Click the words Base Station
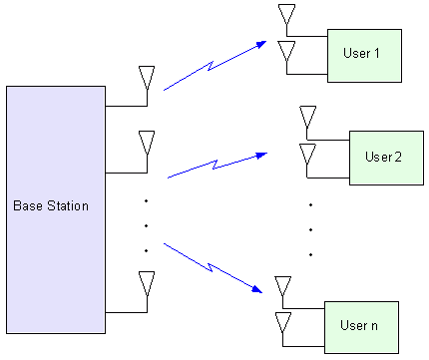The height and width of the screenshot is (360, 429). click(51, 206)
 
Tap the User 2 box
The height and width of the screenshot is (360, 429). click(383, 158)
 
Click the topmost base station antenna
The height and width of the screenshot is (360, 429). click(147, 78)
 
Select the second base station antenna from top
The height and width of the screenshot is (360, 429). click(147, 140)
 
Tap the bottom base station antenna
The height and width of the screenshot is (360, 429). click(147, 282)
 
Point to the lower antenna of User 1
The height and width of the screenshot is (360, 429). click(286, 51)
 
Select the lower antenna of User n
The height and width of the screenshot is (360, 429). click(283, 322)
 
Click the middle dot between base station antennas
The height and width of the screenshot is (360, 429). click(146, 226)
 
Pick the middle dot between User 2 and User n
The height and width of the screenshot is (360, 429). click(311, 229)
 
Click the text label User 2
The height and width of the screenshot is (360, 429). click(383, 158)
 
